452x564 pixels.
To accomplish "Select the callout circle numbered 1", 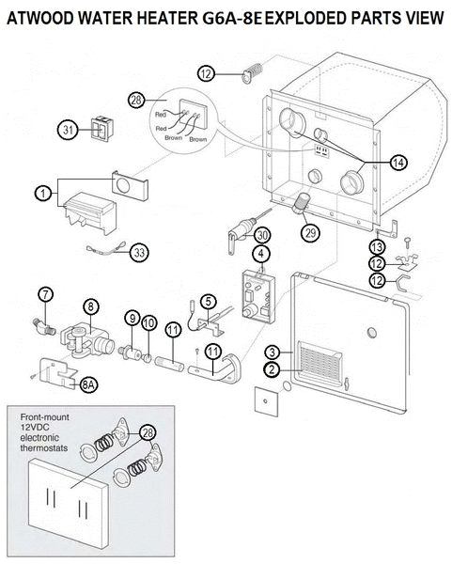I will [42, 193].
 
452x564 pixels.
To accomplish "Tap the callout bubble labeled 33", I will [139, 252].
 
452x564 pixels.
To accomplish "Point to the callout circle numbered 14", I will [397, 162].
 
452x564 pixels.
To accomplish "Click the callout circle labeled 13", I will [376, 246].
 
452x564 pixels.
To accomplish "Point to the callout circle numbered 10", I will [149, 324].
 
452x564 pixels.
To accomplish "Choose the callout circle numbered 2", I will [271, 369].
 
